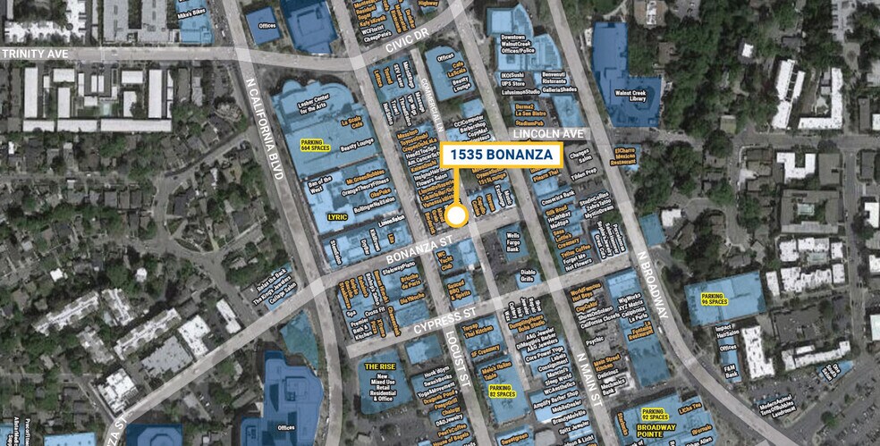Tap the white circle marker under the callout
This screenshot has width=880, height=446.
pyautogui.click(x=457, y=215)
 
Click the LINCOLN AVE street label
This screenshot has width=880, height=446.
pyautogui.click(x=548, y=133)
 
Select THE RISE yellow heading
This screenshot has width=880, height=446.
pyautogui.click(x=380, y=366)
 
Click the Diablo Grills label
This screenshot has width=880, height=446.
pyautogui.click(x=528, y=276)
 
